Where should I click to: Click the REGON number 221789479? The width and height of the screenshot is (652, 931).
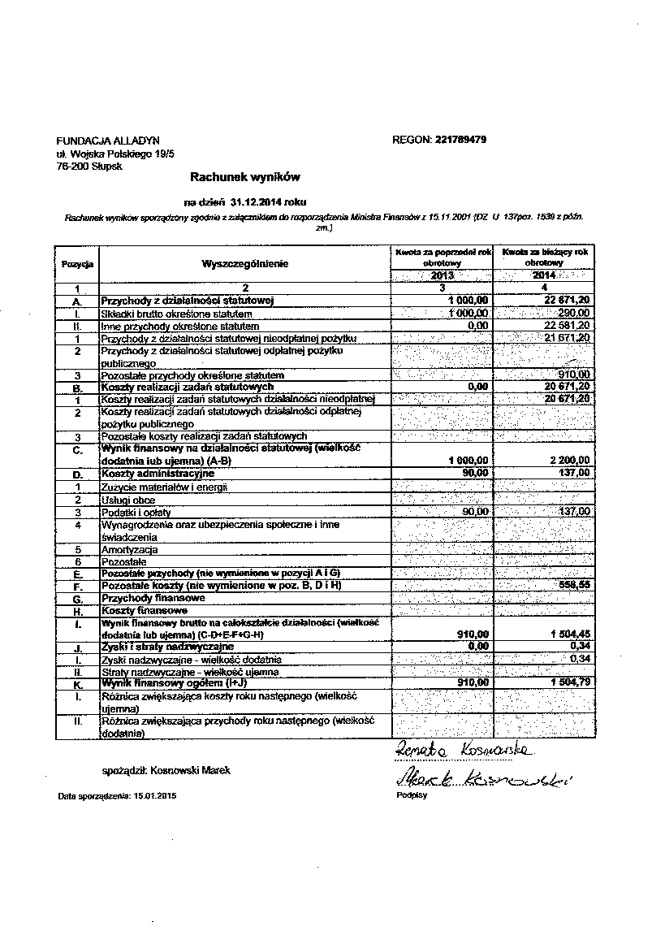(460, 140)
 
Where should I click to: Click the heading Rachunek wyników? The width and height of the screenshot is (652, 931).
(234, 175)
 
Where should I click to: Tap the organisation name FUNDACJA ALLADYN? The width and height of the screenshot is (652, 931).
(108, 140)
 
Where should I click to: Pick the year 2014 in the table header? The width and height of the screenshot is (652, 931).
(544, 276)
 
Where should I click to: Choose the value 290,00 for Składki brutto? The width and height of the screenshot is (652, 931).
(574, 314)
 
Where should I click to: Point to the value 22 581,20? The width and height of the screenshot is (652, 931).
(567, 326)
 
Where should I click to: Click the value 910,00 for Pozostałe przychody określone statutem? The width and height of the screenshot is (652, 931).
(574, 375)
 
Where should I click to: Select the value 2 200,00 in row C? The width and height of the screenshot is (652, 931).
(568, 461)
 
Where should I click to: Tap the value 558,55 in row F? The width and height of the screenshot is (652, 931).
(573, 585)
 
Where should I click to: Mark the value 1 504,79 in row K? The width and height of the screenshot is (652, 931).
(567, 683)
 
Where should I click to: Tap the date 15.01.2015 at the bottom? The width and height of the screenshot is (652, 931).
(151, 796)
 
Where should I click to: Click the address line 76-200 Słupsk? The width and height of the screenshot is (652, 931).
(89, 166)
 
